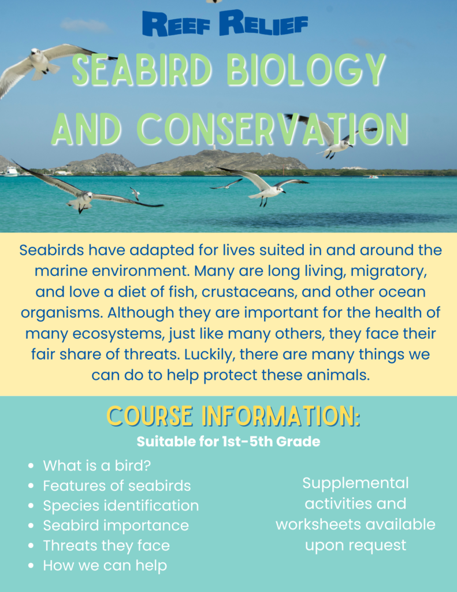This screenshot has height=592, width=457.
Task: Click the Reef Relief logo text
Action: [225, 24]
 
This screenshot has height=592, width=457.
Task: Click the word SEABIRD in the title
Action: [141, 69]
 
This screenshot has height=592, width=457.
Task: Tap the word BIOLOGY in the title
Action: [306, 70]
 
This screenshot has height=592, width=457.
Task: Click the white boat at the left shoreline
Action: [11, 172]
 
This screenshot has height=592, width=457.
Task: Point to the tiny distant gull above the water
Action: [135, 193]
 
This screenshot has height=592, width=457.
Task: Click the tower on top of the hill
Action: [213, 147]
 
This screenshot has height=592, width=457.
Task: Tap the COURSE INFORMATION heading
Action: [233, 416]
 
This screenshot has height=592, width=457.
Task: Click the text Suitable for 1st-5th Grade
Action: [228, 441]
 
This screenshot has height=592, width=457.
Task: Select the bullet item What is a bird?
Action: [96, 465]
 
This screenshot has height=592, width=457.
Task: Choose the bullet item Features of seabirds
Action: [117, 486]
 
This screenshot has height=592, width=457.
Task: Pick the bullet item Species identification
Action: [121, 506]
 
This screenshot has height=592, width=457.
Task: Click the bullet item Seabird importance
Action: [116, 526]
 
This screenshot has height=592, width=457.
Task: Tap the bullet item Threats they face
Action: [106, 546]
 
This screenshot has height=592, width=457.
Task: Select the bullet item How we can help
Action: [105, 565]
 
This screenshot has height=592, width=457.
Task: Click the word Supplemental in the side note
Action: [355, 483]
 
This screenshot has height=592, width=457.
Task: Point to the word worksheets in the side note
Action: [318, 524]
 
